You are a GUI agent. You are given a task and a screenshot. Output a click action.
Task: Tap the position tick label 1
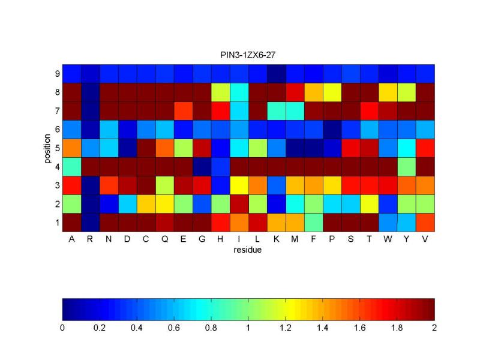click(x=56, y=222)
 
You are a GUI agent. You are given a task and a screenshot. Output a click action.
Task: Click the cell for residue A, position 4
click(x=72, y=166)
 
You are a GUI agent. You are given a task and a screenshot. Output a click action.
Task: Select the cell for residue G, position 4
click(x=202, y=166)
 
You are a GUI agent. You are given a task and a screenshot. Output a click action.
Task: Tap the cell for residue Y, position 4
click(x=407, y=166)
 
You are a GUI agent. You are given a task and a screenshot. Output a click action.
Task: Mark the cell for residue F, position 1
click(x=314, y=222)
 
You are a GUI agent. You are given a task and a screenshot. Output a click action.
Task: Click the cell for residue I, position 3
click(x=239, y=185)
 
